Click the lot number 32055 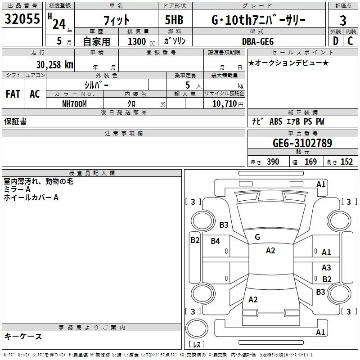[x=22, y=19]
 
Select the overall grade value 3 [x=343, y=21]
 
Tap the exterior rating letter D [x=336, y=41]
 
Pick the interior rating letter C [x=350, y=41]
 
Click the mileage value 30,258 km [x=54, y=65]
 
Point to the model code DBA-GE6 [x=258, y=41]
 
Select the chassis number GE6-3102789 [x=302, y=143]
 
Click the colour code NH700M [x=74, y=104]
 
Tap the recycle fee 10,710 [x=225, y=104]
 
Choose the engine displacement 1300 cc [x=141, y=41]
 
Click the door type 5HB [x=174, y=20]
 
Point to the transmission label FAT [x=13, y=94]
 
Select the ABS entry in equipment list [x=276, y=121]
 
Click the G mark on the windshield [x=257, y=237]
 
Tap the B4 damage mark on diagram [x=216, y=241]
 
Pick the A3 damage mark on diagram [x=326, y=267]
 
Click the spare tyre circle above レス [x=197, y=328]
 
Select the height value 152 [x=346, y=162]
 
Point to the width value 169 [x=310, y=162]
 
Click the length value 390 [x=273, y=162]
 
